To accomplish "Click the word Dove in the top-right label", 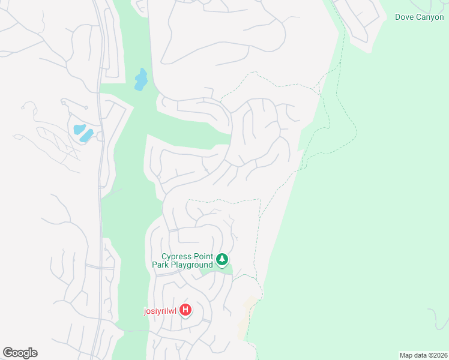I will [x=405, y=17].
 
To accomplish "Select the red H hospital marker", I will [x=186, y=310].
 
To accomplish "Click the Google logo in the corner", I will [x=20, y=353].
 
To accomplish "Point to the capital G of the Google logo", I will [x=8, y=352].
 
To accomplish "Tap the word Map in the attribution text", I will [x=406, y=355].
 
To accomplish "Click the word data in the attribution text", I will [x=421, y=355].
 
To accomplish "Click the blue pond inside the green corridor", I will [x=141, y=79].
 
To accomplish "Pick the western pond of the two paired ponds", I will [x=78, y=129].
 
